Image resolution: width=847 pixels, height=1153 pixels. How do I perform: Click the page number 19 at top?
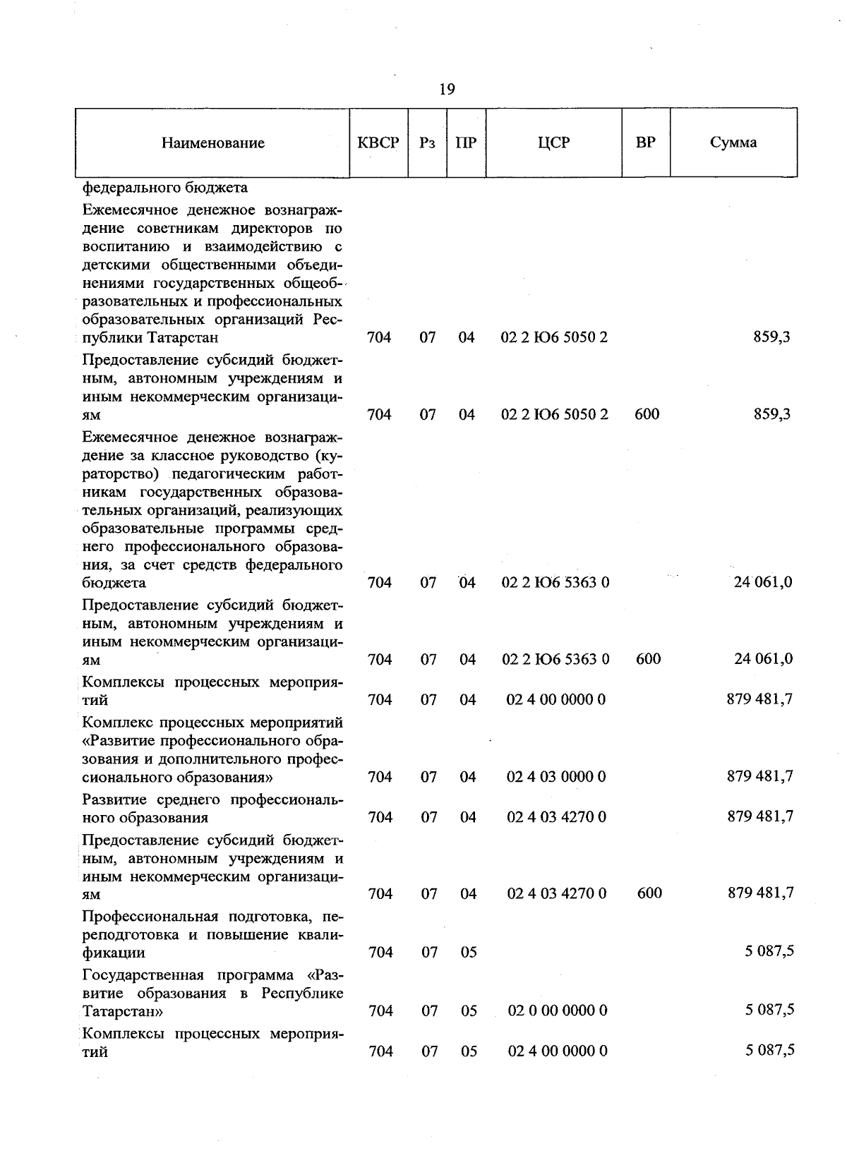(446, 89)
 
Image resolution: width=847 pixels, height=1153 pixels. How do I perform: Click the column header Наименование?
(212, 143)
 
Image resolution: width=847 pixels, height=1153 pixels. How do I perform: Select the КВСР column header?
(378, 143)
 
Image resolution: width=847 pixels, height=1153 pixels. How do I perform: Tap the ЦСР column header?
(553, 143)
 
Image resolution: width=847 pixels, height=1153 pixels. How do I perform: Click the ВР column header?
(645, 143)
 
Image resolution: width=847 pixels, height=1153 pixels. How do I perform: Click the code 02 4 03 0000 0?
(556, 777)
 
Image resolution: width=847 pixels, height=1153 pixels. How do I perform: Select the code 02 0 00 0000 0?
(558, 1010)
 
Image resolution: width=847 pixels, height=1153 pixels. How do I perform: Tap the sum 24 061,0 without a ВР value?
(763, 582)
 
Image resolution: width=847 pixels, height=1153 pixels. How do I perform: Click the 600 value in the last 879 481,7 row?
(649, 893)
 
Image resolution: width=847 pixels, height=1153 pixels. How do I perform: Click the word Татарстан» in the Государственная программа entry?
(124, 1011)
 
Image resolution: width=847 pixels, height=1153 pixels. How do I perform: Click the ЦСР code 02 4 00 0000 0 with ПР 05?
(558, 1051)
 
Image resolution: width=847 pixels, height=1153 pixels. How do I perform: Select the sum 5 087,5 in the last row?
(769, 1051)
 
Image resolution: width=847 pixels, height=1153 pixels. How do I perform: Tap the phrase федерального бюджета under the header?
(164, 188)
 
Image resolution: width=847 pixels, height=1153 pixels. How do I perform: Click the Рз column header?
(427, 143)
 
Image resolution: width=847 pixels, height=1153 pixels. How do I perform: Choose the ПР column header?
(466, 143)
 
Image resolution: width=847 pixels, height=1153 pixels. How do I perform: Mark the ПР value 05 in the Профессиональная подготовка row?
(469, 953)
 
